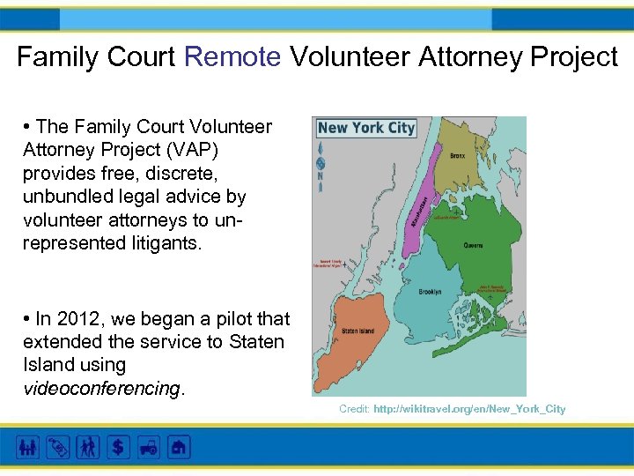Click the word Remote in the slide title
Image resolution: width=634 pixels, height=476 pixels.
pos(232,57)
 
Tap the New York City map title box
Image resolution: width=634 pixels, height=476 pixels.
pos(365,128)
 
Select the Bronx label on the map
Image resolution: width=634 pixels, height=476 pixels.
pos(457,156)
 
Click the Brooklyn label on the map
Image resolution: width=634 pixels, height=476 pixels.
pos(430,291)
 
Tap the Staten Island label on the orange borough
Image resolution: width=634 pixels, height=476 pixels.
pos(353,331)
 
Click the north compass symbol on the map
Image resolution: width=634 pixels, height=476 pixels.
pos(320,164)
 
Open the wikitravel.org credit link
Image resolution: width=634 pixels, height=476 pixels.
pos(469,409)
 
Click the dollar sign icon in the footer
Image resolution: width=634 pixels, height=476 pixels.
pos(118,447)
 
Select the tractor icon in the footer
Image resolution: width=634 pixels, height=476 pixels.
pos(148,447)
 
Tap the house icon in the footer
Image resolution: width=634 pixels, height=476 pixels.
pos(178,447)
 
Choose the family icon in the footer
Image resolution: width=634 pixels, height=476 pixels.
pos(28,447)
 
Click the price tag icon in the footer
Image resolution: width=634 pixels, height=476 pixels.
pos(58,447)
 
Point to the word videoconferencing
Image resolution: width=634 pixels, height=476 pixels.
pos(102,388)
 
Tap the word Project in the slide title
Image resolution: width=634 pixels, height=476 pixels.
pos(568,57)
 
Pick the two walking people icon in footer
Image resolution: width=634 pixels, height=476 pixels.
pos(88,447)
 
